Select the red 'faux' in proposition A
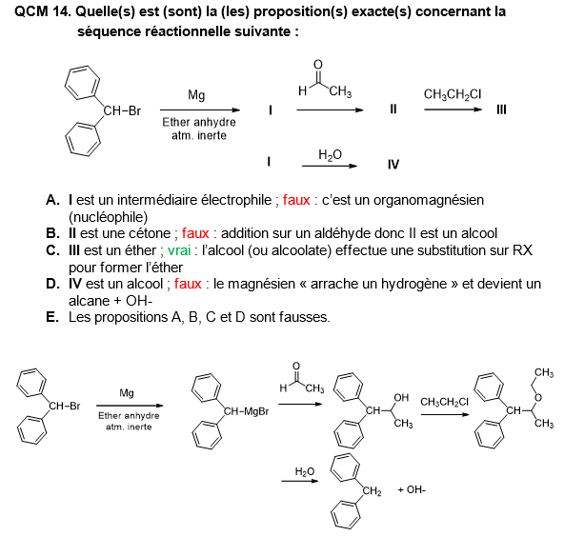click(296, 201)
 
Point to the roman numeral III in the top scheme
click(501, 109)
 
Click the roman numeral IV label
click(393, 164)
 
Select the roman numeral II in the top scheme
click(393, 109)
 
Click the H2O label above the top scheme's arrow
click(331, 152)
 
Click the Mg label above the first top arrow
click(196, 95)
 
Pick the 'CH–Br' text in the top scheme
click(122, 111)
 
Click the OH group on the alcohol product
click(401, 397)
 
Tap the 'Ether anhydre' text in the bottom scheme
click(129, 415)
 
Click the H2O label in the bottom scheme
click(304, 471)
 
